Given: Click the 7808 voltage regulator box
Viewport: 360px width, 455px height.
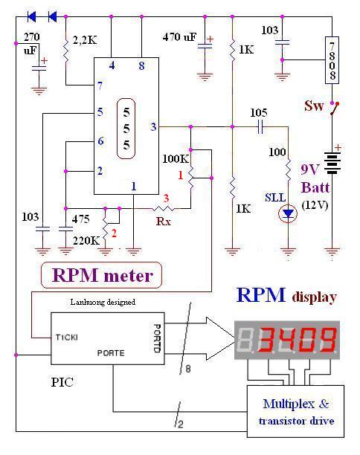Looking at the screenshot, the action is [x=332, y=60].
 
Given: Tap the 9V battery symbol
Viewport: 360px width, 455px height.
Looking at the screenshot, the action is [x=332, y=163].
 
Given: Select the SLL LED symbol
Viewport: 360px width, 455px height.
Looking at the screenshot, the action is [x=288, y=214].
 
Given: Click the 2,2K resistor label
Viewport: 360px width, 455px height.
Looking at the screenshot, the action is [x=85, y=40].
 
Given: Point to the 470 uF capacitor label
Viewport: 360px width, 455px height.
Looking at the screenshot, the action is [x=179, y=37].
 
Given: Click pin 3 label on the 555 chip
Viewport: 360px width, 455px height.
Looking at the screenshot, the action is [x=153, y=126].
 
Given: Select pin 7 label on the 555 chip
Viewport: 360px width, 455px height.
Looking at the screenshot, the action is [x=100, y=85].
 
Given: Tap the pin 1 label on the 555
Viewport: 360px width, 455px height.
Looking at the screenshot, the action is [x=134, y=187].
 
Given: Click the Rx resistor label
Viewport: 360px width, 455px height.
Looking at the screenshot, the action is [x=164, y=222].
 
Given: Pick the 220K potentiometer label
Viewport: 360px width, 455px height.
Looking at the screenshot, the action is [x=86, y=241].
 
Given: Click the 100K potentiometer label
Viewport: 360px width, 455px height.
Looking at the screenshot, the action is [x=176, y=158].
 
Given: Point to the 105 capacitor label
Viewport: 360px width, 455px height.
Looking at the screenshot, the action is [x=259, y=112].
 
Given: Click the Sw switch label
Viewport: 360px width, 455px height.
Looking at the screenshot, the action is [x=314, y=106].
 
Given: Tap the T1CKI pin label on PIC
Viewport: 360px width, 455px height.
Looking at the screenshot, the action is [x=67, y=338].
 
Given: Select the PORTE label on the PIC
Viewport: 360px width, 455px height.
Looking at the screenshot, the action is [x=111, y=353].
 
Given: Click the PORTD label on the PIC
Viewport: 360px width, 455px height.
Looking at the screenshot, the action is [x=157, y=338].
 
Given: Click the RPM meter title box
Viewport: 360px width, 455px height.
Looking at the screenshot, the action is [x=101, y=275].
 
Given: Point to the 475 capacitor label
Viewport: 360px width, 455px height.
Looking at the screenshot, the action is [x=81, y=219].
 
